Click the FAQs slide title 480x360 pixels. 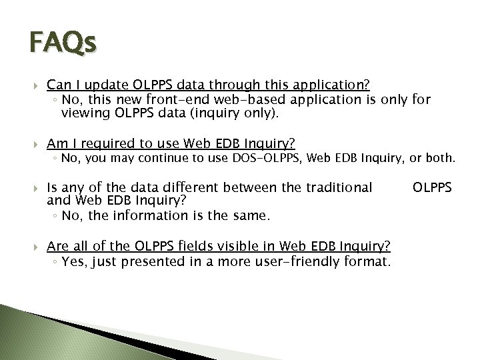point(63,44)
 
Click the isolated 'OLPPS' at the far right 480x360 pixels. point(433,189)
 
